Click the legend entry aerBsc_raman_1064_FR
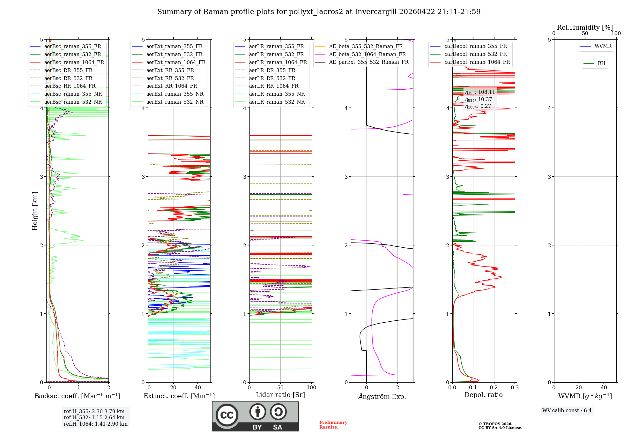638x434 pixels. pyautogui.click(x=74, y=62)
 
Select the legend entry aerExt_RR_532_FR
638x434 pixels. pyautogui.click(x=170, y=78)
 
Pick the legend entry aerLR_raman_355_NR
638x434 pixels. pyautogui.click(x=277, y=94)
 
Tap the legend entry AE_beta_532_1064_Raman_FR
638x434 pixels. pyautogui.click(x=367, y=54)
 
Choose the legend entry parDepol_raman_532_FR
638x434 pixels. pyautogui.click(x=475, y=54)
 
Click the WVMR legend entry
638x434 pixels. pyautogui.click(x=603, y=46)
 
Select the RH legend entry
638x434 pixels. pyautogui.click(x=601, y=64)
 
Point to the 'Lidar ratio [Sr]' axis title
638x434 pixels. pyautogui.click(x=280, y=395)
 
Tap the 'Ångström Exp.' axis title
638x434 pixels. pyautogui.click(x=382, y=396)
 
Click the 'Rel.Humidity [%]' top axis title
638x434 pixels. pyautogui.click(x=585, y=27)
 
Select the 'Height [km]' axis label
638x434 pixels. pyautogui.click(x=35, y=211)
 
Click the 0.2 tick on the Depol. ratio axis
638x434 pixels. pyautogui.click(x=494, y=388)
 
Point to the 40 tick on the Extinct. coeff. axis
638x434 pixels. pyautogui.click(x=198, y=388)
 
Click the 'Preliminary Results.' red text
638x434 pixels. pyautogui.click(x=333, y=425)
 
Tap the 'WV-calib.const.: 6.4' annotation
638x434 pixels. pyautogui.click(x=567, y=410)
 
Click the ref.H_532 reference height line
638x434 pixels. pyautogui.click(x=94, y=417)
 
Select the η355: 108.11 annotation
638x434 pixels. pyautogui.click(x=480, y=92)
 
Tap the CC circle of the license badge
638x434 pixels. pyautogui.click(x=227, y=415)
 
